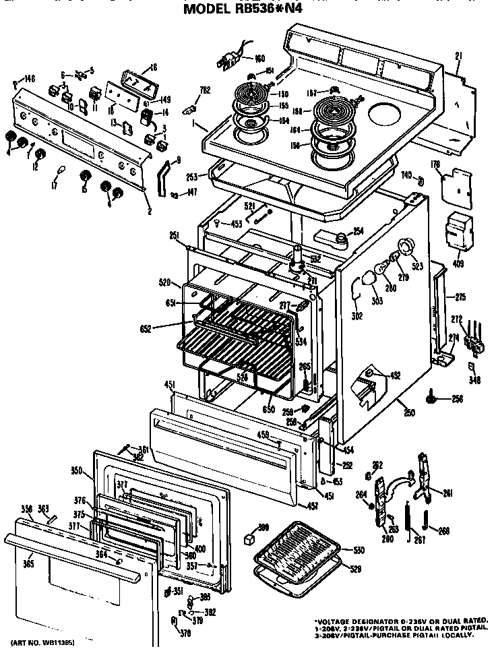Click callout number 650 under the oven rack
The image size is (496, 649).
coord(269,410)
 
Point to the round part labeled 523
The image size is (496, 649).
coord(406,247)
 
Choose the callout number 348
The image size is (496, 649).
coord(474,381)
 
